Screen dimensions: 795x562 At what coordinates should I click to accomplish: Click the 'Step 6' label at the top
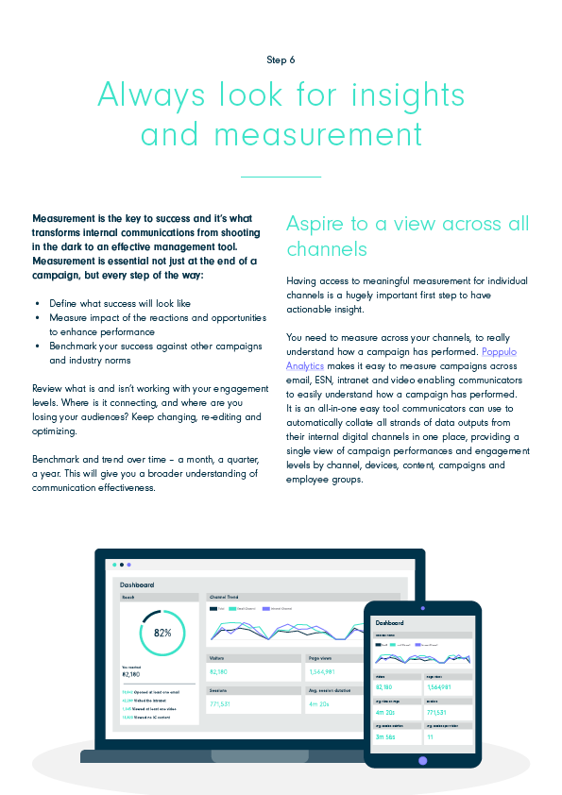281,59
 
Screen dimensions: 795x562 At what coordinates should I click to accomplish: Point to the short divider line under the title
281,177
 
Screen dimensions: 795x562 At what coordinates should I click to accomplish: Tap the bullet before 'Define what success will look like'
37,304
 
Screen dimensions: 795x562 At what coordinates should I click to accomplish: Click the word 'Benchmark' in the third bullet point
77,346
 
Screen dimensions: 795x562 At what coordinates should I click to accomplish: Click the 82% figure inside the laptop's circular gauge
162,633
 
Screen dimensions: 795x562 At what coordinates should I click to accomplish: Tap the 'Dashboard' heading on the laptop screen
137,585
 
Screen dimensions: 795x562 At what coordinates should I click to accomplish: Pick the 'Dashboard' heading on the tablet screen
389,623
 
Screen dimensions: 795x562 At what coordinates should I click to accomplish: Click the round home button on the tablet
422,760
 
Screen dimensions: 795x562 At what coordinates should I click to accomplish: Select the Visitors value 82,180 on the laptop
219,671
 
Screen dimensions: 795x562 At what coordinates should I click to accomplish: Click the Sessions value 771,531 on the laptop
220,704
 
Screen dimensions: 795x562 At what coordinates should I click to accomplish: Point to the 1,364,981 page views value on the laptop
326,671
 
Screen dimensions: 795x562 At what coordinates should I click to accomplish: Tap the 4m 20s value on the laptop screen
318,704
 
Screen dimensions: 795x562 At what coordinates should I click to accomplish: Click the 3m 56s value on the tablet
385,736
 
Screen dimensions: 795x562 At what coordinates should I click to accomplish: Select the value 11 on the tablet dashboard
430,736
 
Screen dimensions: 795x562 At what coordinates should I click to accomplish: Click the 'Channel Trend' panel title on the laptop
222,597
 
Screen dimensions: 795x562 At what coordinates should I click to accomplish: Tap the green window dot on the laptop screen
114,565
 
